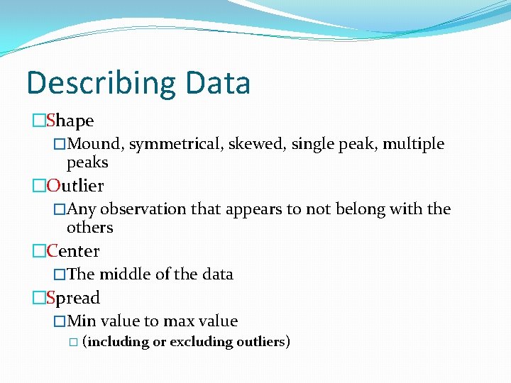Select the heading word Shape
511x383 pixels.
click(70, 121)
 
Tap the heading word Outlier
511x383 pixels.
click(75, 186)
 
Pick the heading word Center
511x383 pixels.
click(73, 251)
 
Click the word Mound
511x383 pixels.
click(96, 145)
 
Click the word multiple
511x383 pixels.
click(414, 145)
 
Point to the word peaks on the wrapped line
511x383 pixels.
click(87, 163)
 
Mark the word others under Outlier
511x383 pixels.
click(89, 228)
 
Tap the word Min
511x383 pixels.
click(82, 321)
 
